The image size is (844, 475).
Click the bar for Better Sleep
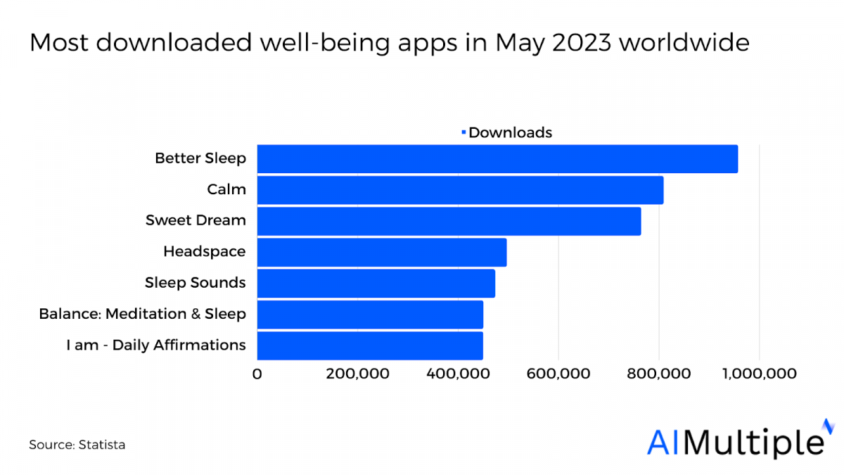(x=497, y=158)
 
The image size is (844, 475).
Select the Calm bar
(x=460, y=190)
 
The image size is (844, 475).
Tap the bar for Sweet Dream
(x=449, y=221)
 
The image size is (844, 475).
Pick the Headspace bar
(x=382, y=252)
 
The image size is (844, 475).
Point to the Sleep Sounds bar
(x=376, y=283)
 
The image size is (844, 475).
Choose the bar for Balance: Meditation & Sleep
(x=370, y=315)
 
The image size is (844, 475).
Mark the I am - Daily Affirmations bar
(x=370, y=346)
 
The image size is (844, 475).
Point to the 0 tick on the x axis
(x=257, y=374)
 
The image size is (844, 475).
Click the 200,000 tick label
(x=357, y=374)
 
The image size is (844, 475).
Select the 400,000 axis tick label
(x=458, y=374)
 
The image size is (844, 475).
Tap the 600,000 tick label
(x=558, y=374)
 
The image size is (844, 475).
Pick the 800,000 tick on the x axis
(x=659, y=374)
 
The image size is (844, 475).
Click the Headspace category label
(x=204, y=252)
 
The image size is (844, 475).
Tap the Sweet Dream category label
(x=196, y=220)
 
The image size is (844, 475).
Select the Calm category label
(x=226, y=190)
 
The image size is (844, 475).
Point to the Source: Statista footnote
(x=77, y=445)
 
